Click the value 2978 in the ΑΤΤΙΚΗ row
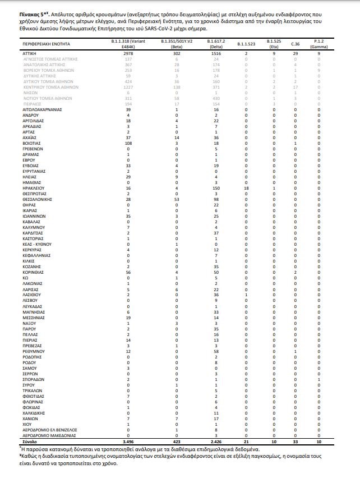coord(128,54)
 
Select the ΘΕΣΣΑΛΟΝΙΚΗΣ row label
coord(38,199)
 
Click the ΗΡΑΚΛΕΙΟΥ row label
coord(34,189)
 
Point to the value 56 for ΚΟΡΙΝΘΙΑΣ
coord(128,272)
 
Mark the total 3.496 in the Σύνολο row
coord(128,442)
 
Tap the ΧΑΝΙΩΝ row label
coord(31,419)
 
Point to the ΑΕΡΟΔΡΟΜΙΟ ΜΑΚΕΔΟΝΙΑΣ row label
coord(49,435)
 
